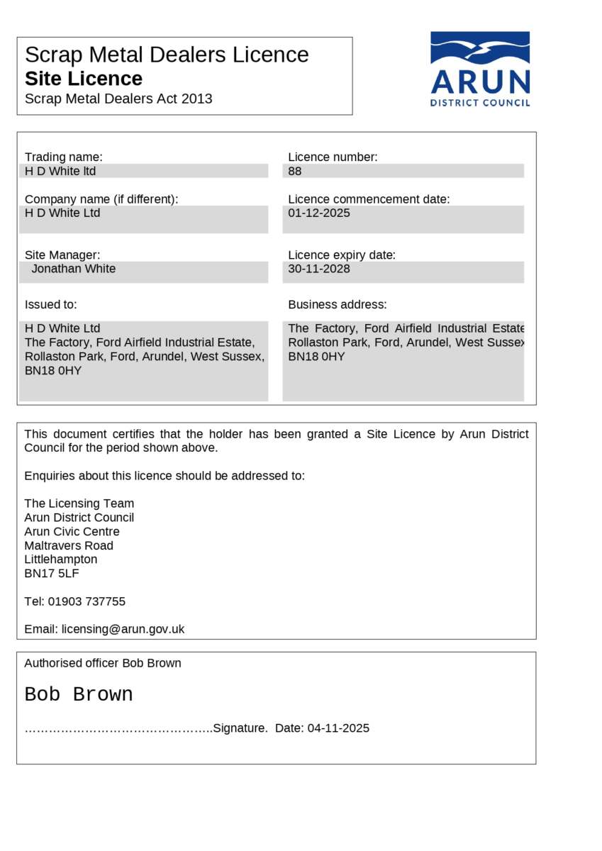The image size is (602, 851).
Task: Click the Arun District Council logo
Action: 480,69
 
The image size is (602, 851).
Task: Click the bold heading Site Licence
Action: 84,79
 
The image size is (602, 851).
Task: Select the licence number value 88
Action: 295,171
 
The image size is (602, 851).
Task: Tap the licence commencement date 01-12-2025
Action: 319,213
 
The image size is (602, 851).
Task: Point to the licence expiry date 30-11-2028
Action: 319,269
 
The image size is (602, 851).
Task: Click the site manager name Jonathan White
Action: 74,269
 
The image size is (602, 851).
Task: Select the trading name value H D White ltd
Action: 60,171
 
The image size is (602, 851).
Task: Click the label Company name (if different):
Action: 101,199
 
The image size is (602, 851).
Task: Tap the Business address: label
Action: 338,304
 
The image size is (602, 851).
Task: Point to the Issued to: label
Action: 51,304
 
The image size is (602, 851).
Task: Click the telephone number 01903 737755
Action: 87,601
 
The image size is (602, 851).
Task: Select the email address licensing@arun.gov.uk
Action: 123,629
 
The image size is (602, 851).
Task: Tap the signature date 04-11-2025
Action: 338,728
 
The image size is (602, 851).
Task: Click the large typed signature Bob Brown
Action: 79,694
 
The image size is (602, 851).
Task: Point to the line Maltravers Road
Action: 69,545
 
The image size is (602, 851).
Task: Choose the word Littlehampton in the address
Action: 61,560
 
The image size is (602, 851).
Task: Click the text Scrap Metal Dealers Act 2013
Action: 118,99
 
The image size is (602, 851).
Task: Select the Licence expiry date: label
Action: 342,255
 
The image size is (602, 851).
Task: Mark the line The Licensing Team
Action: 79,504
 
